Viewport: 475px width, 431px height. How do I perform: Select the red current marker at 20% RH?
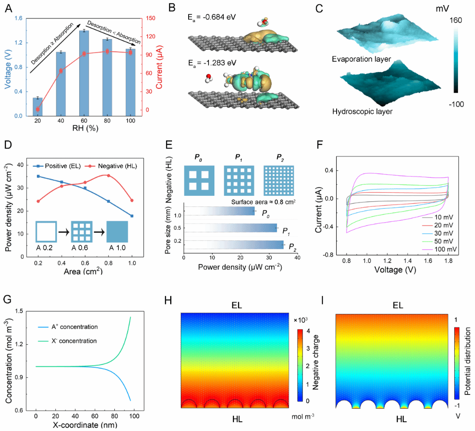(37, 109)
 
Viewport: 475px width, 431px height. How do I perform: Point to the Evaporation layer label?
(361, 60)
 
